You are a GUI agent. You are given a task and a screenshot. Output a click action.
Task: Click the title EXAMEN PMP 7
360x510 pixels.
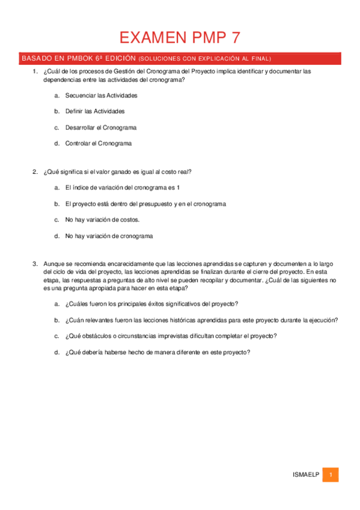pos(180,38)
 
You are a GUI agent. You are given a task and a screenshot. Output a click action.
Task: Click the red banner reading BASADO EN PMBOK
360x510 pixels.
pos(180,58)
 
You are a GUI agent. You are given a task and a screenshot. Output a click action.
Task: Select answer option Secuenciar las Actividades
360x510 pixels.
pos(101,96)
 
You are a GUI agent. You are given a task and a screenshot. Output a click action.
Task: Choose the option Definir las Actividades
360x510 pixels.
pos(95,111)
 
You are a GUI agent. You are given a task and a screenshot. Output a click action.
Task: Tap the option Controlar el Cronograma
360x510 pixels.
pos(98,143)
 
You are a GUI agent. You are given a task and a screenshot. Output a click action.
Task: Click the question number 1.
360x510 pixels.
pos(35,71)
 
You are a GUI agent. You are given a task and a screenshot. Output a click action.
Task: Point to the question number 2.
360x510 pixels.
pos(35,172)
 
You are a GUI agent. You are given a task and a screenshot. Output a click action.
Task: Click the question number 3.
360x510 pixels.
pos(35,263)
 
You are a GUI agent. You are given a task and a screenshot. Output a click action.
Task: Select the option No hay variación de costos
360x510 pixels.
pos(102,220)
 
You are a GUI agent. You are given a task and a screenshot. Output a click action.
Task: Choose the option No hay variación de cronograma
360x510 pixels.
pos(109,236)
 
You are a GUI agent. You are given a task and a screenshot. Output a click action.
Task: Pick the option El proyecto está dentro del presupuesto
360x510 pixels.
pos(145,204)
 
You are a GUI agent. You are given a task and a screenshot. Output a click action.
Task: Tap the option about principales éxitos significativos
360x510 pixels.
pos(151,304)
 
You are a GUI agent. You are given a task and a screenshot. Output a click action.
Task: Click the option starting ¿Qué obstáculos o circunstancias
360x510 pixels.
pos(171,336)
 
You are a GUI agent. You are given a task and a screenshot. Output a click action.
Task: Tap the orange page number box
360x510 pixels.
pos(330,475)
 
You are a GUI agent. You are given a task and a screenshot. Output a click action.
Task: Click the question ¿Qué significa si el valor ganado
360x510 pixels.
pos(117,172)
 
